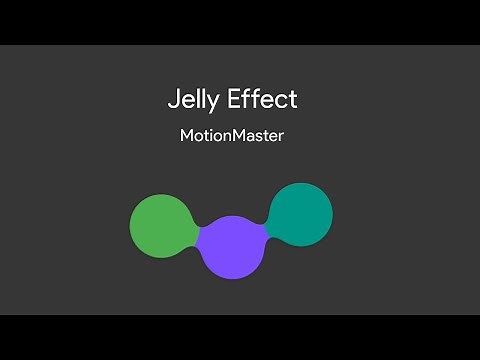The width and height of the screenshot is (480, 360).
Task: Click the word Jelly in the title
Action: coord(191,100)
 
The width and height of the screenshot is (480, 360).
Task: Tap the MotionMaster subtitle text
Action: coord(225,136)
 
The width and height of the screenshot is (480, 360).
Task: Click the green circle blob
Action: coord(161,225)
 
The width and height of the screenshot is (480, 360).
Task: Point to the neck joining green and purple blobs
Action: coord(196,231)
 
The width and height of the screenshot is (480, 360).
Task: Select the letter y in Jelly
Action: coord(208,103)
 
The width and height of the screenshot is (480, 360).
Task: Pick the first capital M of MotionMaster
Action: coord(174,136)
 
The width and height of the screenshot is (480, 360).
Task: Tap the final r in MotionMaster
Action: coord(281,138)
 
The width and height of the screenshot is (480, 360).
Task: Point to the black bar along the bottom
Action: coord(240,337)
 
